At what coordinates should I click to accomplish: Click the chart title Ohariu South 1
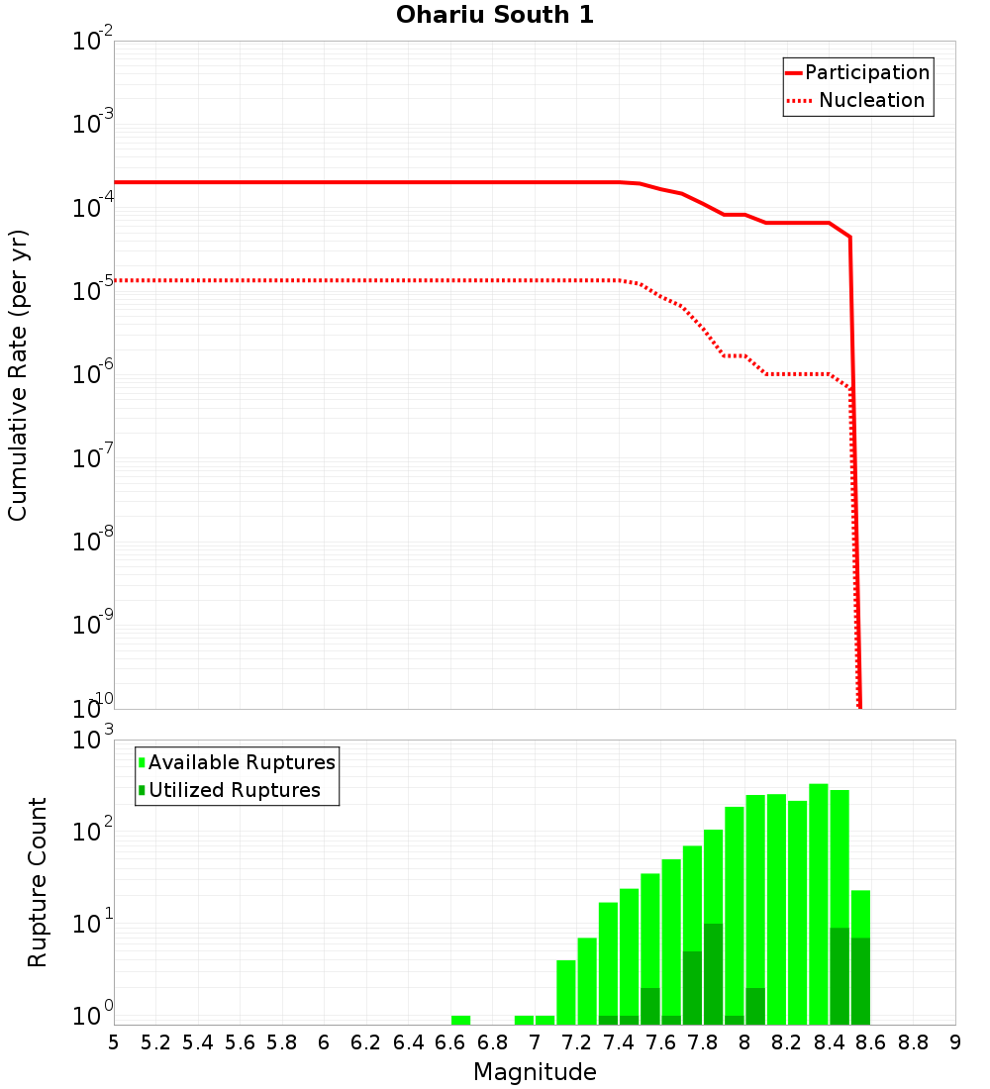(495, 16)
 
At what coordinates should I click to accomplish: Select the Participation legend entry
(866, 73)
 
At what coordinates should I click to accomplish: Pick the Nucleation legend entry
(871, 101)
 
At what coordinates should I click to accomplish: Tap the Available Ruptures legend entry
(242, 763)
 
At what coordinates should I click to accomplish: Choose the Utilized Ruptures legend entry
(234, 791)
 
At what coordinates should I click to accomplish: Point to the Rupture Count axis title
(38, 882)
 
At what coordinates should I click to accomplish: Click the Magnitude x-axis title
(535, 1072)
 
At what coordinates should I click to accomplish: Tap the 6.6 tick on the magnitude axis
(450, 1043)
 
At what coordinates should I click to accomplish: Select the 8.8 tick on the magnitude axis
(913, 1043)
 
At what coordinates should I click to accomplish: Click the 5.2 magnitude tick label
(155, 1043)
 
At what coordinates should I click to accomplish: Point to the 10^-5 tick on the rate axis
(95, 291)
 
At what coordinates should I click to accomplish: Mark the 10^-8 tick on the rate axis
(95, 542)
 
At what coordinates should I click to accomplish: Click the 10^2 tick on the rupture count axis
(95, 833)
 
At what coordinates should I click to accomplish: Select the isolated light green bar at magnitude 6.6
(460, 1020)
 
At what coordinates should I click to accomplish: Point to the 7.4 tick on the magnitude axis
(619, 1043)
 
